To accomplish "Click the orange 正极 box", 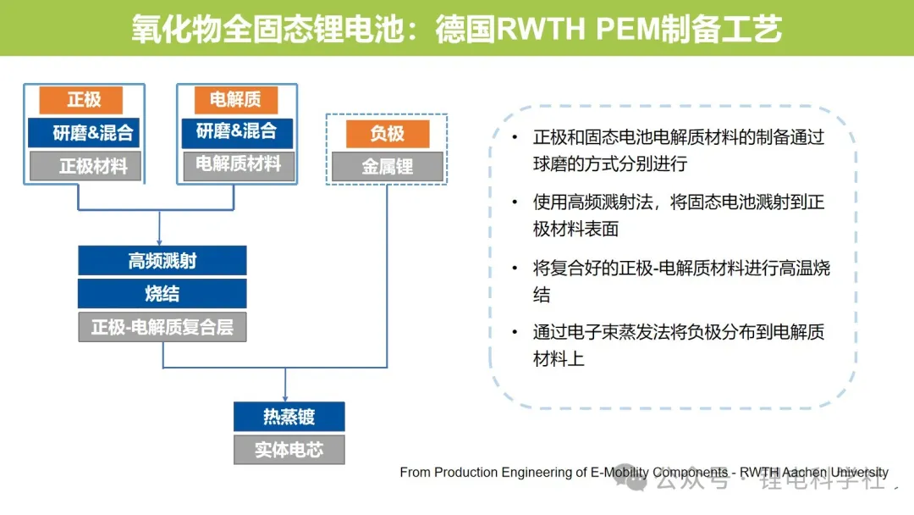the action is tap(81, 100).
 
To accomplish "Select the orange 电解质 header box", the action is tap(235, 100).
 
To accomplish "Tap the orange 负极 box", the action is tap(388, 134).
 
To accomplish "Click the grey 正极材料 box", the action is tap(85, 166).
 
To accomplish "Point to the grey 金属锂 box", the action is tap(388, 167).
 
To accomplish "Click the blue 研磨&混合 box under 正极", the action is tap(84, 132).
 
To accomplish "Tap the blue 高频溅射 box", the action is tap(162, 260).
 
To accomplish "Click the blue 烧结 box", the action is tap(162, 293).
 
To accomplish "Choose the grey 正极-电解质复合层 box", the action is tap(162, 327).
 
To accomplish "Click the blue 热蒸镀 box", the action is tap(289, 417).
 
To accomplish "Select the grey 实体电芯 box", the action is tap(289, 450).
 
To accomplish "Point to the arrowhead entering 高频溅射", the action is tap(159, 242).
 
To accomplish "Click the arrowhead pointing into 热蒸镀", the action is tap(285, 398).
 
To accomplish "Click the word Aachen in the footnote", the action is tap(805, 472).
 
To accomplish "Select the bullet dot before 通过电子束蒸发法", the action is tap(515, 332).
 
